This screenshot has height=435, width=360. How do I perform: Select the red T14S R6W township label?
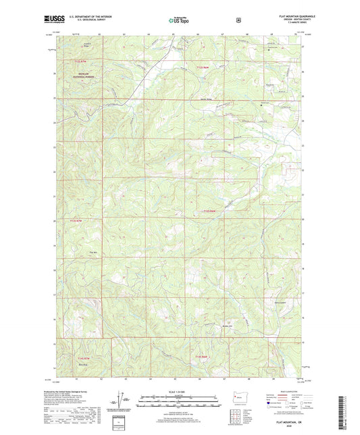(201, 356)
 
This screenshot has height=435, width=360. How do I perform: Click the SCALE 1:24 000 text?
(179, 392)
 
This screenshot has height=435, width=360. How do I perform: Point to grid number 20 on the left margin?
(53, 220)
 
